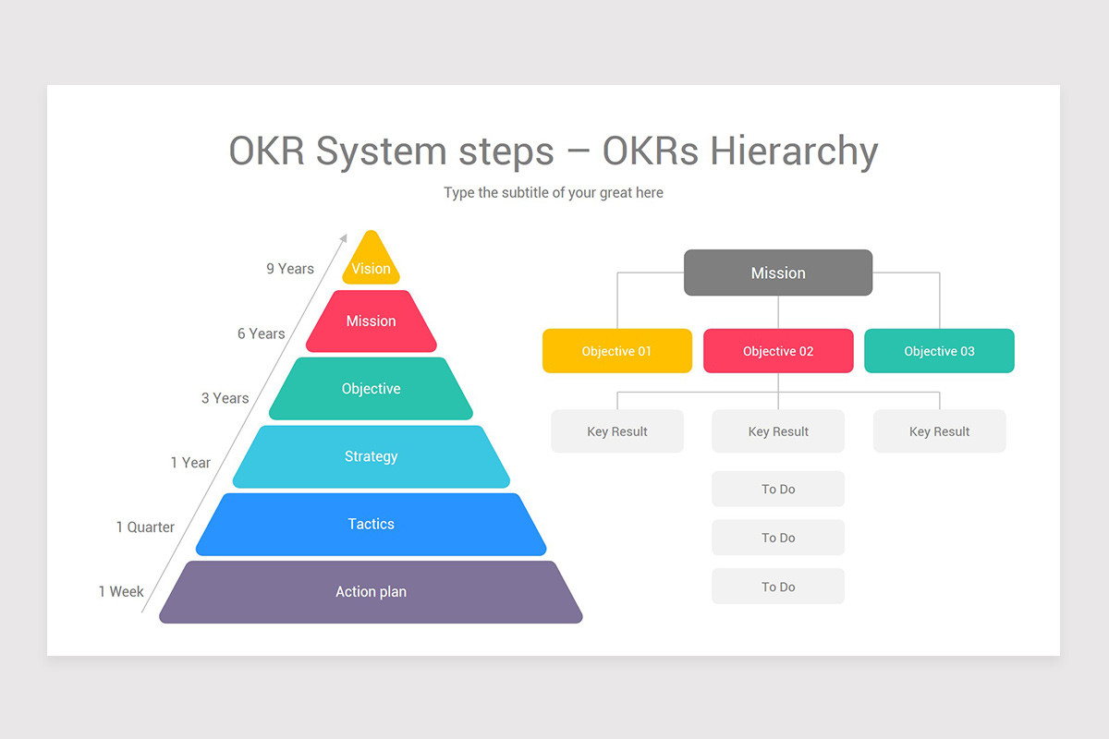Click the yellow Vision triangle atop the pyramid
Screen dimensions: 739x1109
[371, 261]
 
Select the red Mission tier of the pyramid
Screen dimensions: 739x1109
[371, 321]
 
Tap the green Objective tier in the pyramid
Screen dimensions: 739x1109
[371, 389]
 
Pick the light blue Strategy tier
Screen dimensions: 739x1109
[371, 456]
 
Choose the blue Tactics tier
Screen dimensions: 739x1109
[371, 524]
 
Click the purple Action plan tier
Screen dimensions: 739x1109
[371, 592]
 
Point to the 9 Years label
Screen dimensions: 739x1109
[290, 269]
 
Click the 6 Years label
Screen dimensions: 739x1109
[261, 333]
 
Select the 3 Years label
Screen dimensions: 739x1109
[225, 398]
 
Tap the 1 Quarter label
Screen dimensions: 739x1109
[145, 527]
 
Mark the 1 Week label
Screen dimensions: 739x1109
[121, 591]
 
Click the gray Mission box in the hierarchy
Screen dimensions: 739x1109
[778, 273]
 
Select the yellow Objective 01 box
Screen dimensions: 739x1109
[616, 351]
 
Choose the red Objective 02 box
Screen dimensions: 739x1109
[778, 351]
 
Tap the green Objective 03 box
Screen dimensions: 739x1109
[939, 351]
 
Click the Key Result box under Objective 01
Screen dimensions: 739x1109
[616, 431]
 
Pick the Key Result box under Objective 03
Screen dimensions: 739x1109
[939, 431]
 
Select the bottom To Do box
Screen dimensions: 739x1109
[778, 587]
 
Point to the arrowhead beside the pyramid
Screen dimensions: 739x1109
[344, 237]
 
